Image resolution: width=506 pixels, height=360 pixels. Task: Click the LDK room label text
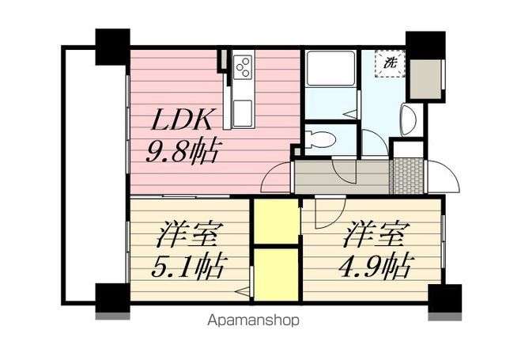pyautogui.click(x=181, y=120)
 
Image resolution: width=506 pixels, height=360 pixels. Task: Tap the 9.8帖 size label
pyautogui.click(x=180, y=151)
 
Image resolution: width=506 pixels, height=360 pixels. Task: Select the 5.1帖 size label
pyautogui.click(x=187, y=267)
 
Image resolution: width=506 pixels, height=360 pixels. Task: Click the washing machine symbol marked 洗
pyautogui.click(x=390, y=63)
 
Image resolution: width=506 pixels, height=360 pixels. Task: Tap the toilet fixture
pyautogui.click(x=320, y=139)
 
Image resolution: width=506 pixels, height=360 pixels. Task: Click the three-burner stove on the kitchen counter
pyautogui.click(x=243, y=66)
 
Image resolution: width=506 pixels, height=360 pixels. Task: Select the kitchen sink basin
pyautogui.click(x=243, y=113)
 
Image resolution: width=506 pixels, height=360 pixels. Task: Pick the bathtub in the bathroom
pyautogui.click(x=330, y=68)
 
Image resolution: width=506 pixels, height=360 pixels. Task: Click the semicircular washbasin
pyautogui.click(x=407, y=119)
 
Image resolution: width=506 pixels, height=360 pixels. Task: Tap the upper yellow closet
pyautogui.click(x=276, y=222)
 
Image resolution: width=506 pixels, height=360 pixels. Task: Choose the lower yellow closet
pyautogui.click(x=276, y=275)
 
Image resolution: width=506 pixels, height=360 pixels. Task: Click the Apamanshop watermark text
pyautogui.click(x=253, y=320)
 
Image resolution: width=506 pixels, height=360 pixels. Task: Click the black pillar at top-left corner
pyautogui.click(x=112, y=47)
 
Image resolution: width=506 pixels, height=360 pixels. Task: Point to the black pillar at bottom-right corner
pyautogui.click(x=444, y=298)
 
